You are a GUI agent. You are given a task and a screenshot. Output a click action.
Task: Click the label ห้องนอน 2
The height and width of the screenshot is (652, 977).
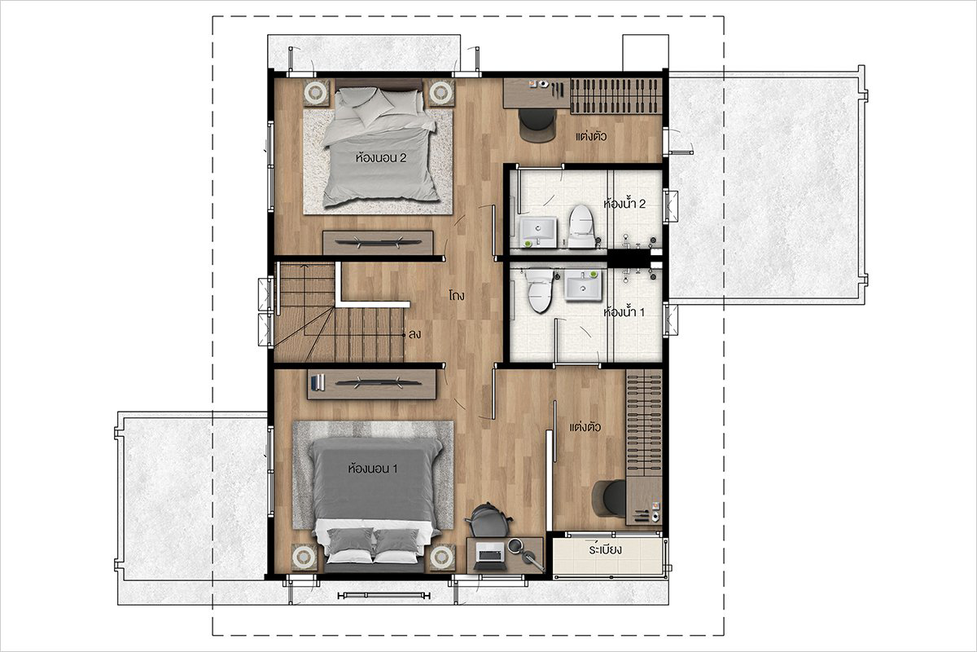coord(381,157)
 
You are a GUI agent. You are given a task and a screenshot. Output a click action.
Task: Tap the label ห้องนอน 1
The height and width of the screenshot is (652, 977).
coord(373,469)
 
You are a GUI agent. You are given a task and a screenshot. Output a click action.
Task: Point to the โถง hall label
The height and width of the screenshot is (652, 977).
coord(457,295)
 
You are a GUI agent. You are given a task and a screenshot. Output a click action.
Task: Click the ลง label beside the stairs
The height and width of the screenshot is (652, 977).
coord(414,335)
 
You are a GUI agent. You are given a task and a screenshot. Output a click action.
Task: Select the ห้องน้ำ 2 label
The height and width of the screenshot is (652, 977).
coord(624,204)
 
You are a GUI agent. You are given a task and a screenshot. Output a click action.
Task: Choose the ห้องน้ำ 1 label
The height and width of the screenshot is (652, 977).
coord(624,312)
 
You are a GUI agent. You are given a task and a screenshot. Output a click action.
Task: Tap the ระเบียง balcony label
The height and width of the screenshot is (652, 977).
coord(606,549)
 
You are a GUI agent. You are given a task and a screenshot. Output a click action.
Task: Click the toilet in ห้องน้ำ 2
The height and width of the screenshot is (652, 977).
coord(582,226)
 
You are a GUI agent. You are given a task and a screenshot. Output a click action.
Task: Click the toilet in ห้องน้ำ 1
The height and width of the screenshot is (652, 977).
coord(540,290)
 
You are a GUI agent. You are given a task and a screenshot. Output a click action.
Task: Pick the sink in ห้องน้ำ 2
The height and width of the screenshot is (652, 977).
coord(538,231)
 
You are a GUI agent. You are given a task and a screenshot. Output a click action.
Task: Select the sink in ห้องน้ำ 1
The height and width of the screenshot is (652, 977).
coord(583,285)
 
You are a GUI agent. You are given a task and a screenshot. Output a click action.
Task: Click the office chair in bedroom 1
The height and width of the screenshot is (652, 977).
coord(488,521)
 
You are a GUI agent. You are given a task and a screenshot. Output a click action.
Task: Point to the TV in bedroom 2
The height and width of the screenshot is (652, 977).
coord(378,241)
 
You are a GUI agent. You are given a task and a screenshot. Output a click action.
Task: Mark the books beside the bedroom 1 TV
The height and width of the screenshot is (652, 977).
coord(317,382)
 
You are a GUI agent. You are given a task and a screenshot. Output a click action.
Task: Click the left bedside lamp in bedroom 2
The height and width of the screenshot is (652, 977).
coord(316,93)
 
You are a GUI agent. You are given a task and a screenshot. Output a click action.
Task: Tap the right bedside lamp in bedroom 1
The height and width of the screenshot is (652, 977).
coord(442,557)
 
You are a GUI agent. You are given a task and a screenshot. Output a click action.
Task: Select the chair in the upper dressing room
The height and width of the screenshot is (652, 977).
coord(538,126)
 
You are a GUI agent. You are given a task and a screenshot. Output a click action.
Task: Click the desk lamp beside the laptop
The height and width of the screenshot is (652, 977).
coord(526,555)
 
